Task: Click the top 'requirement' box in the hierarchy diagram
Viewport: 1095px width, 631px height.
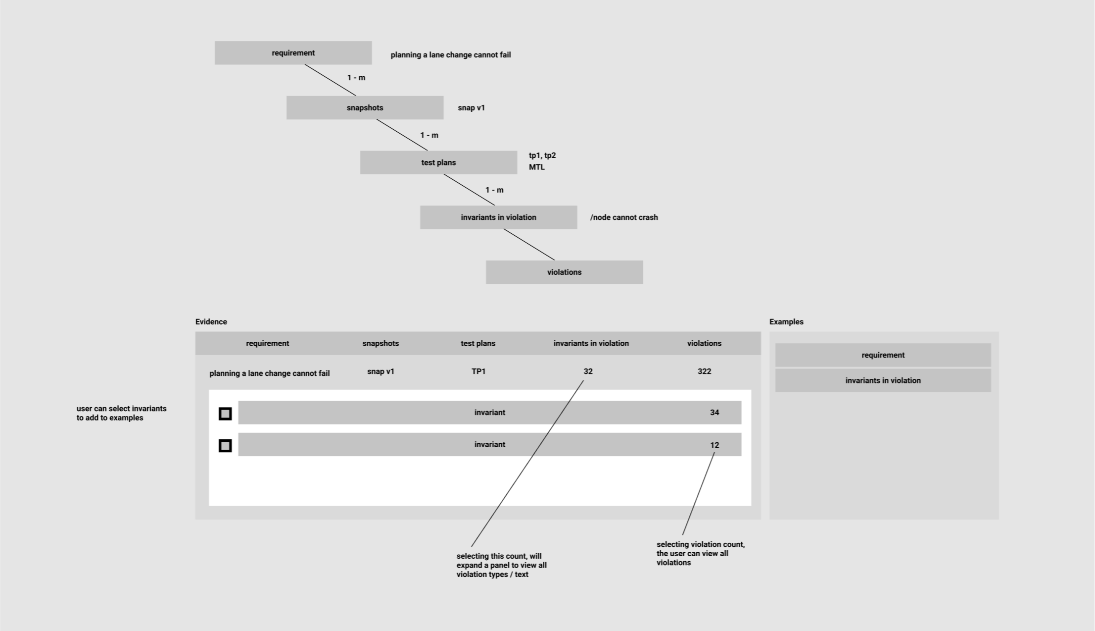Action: pyautogui.click(x=293, y=53)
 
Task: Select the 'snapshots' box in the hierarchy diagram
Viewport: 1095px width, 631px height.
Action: pyautogui.click(x=365, y=107)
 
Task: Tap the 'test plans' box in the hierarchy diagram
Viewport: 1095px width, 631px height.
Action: pyautogui.click(x=438, y=162)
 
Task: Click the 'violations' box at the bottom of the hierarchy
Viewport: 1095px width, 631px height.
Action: pyautogui.click(x=564, y=272)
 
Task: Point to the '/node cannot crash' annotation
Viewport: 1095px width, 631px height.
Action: pyautogui.click(x=624, y=217)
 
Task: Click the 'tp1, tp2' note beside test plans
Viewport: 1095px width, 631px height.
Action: pyautogui.click(x=542, y=156)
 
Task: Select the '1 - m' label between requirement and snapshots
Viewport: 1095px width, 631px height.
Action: pyautogui.click(x=356, y=78)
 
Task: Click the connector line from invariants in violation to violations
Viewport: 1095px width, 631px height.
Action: pyautogui.click(x=529, y=245)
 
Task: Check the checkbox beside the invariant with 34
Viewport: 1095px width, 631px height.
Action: pyautogui.click(x=225, y=414)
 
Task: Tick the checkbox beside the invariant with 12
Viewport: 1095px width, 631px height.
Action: pyautogui.click(x=225, y=446)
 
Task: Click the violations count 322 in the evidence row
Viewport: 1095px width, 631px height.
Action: pyautogui.click(x=704, y=371)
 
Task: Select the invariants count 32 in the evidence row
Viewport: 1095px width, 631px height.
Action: pyautogui.click(x=588, y=371)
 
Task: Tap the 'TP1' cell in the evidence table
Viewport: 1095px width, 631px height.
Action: pyautogui.click(x=478, y=371)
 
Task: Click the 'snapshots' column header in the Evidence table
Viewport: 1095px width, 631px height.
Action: pyautogui.click(x=381, y=343)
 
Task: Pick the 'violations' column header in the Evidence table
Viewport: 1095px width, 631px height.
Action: pyautogui.click(x=704, y=343)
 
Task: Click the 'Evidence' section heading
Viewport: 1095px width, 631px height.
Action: pyautogui.click(x=211, y=322)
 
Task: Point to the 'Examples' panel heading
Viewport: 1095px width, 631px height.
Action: pyautogui.click(x=786, y=322)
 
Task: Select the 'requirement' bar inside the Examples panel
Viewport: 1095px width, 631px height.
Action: pyautogui.click(x=883, y=355)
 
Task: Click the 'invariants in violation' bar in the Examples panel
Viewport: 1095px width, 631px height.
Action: pyautogui.click(x=883, y=380)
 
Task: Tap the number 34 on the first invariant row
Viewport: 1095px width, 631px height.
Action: pyautogui.click(x=714, y=413)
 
